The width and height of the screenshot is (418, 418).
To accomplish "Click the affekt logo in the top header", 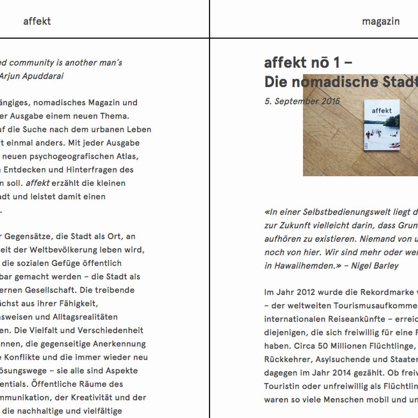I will [x=37, y=21].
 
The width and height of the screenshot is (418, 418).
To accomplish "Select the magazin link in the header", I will [x=381, y=21].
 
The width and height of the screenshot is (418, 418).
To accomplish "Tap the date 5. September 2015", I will [x=302, y=101].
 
